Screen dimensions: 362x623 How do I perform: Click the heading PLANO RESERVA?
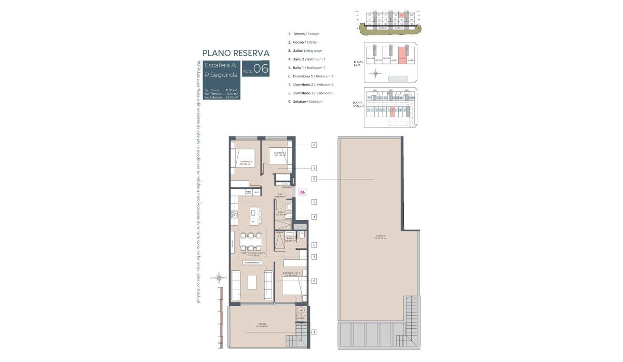(x=235, y=53)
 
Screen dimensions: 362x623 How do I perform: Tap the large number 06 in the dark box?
(x=261, y=68)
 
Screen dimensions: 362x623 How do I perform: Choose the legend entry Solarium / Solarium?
(x=308, y=101)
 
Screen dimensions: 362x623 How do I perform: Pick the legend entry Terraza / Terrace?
(x=306, y=34)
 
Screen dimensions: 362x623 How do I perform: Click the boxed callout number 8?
(x=314, y=145)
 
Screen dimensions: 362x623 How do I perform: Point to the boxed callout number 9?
(x=314, y=179)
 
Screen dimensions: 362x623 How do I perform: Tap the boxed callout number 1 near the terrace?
(x=314, y=332)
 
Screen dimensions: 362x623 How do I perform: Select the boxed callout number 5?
(x=314, y=245)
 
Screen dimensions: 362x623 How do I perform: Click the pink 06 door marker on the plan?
(x=303, y=191)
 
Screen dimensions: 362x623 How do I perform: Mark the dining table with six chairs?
(x=251, y=242)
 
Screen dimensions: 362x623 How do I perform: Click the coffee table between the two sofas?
(x=252, y=282)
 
